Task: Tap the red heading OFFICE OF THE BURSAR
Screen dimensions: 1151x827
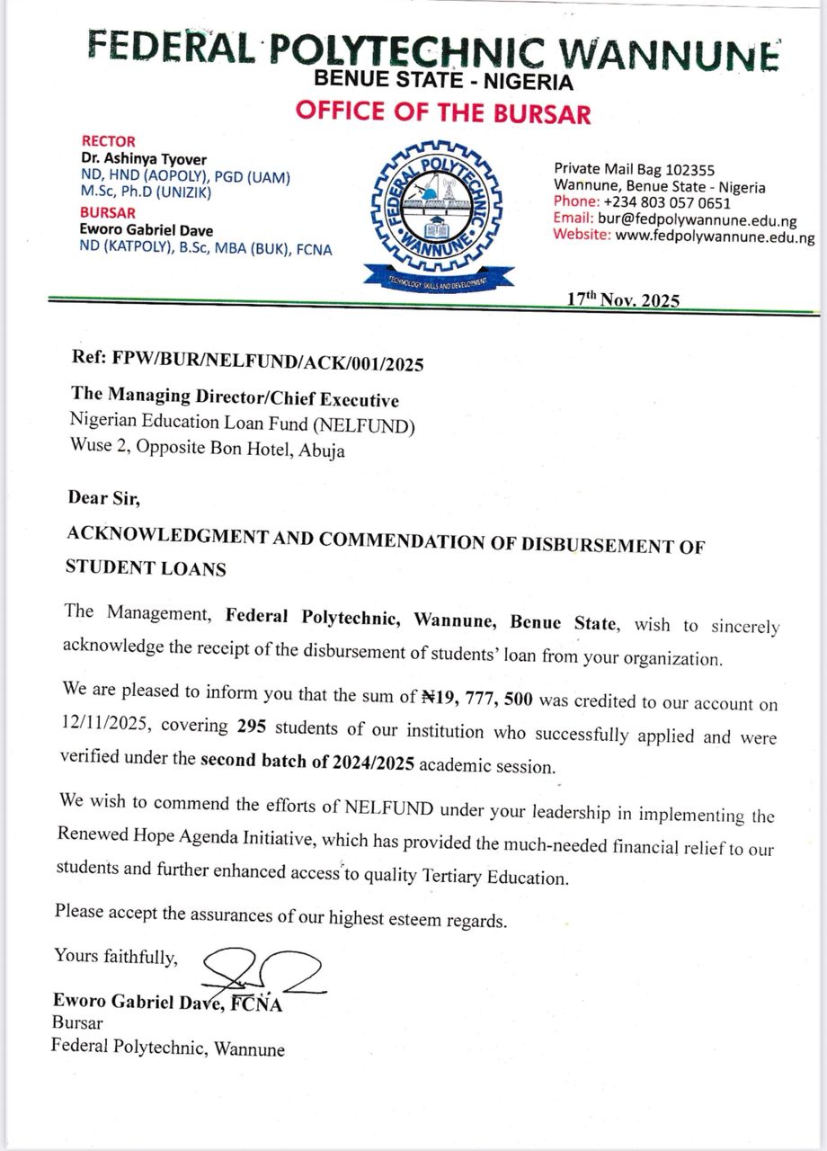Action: (443, 113)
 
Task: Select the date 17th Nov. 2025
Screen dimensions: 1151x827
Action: (624, 300)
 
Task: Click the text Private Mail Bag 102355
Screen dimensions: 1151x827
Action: (634, 168)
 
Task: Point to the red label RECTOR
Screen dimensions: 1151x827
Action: (109, 141)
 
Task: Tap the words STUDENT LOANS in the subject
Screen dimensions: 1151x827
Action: (146, 568)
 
